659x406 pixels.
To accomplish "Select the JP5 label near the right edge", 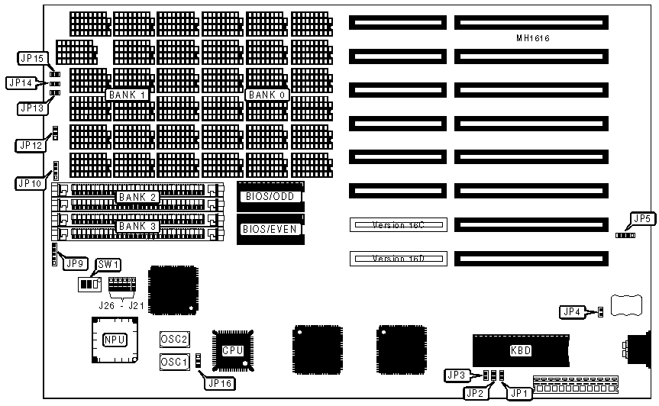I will (x=642, y=220).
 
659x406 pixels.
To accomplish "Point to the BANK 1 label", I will (x=127, y=94).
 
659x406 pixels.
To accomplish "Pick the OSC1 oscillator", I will (x=174, y=361).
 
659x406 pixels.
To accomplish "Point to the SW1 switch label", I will (x=109, y=264).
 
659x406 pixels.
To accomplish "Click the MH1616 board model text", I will (x=532, y=38).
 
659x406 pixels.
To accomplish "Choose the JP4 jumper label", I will (x=571, y=311).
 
